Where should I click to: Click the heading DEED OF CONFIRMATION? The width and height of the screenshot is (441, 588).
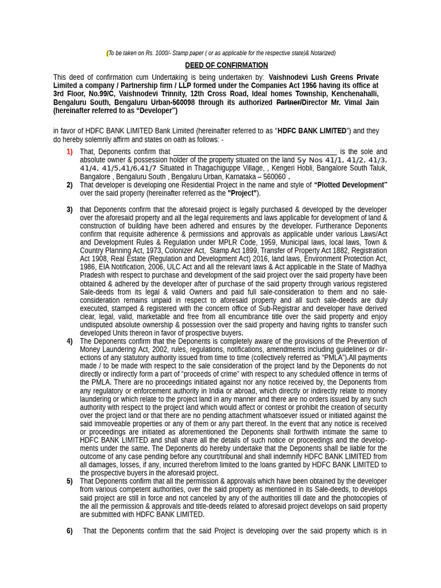click(x=226, y=65)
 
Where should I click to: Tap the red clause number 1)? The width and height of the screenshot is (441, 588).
click(x=69, y=152)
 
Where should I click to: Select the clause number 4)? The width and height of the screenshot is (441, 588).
click(x=69, y=341)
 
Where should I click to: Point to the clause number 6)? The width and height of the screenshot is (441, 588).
click(x=69, y=531)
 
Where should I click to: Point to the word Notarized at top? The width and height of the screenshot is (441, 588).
click(x=322, y=53)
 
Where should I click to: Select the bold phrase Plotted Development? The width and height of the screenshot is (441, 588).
click(x=351, y=185)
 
